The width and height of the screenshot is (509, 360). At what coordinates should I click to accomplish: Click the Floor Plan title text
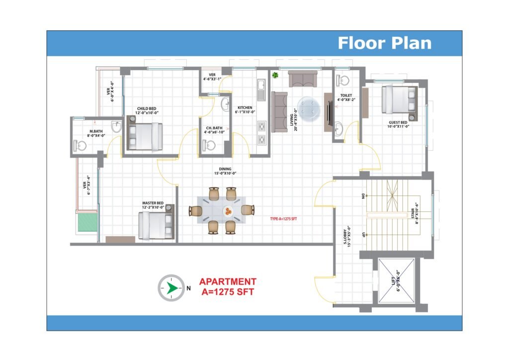tap(385, 43)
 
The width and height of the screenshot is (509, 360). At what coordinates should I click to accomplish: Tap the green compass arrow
tap(171, 288)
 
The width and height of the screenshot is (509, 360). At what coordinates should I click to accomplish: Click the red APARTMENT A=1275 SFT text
tap(228, 286)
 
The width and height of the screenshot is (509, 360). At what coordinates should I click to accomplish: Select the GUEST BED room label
tap(398, 125)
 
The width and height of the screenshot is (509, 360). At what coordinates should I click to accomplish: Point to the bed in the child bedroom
tap(145, 137)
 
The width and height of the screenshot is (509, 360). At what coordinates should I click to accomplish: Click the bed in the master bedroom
tap(156, 226)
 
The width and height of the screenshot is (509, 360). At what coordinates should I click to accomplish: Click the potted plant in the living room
tap(275, 75)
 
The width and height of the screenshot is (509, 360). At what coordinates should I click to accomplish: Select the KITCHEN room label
tap(245, 110)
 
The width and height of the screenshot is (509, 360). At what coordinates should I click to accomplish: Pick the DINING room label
tap(225, 171)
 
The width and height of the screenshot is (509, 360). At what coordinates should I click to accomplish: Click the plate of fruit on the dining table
tap(228, 212)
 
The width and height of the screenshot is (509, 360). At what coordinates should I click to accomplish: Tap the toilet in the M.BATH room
tap(80, 146)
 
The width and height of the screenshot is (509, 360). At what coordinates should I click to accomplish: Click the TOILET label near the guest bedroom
tap(346, 98)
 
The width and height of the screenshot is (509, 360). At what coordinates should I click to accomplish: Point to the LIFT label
tap(396, 281)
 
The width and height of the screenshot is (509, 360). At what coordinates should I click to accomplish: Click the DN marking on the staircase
tap(363, 196)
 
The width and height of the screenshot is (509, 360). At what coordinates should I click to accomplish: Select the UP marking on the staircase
tap(363, 235)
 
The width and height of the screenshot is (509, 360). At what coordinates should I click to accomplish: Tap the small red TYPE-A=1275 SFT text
tap(283, 219)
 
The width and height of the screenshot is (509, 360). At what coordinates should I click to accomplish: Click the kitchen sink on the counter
tap(260, 85)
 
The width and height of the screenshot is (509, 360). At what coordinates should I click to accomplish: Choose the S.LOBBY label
tap(346, 236)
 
